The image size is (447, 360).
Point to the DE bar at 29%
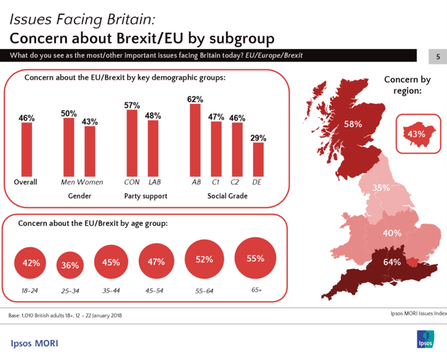(259, 158)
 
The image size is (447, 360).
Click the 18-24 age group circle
(31, 263)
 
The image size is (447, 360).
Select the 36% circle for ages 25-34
(70, 266)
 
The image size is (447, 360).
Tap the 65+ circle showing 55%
(255, 259)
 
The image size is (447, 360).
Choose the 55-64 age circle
(205, 260)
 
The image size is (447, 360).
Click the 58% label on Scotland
(353, 124)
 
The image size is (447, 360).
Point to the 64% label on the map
(392, 262)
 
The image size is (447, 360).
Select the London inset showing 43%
(416, 133)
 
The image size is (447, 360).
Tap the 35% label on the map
(382, 188)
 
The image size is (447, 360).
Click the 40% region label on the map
(392, 233)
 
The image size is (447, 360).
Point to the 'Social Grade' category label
(226, 195)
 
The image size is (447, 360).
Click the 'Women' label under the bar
(90, 182)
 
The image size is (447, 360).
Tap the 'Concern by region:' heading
(407, 85)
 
